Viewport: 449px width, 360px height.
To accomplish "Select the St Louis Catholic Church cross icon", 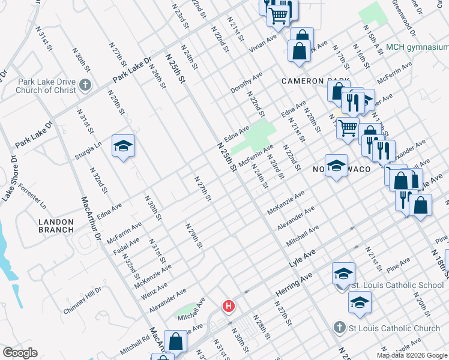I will (x=340, y=328).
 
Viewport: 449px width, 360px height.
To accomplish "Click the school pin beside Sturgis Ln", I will (x=123, y=146).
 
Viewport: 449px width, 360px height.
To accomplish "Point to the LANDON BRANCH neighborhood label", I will (x=56, y=226).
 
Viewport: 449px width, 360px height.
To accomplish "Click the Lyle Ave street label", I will (x=302, y=259).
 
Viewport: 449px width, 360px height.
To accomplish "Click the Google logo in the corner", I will (x=20, y=353).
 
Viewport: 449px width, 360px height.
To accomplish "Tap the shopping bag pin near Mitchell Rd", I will (x=175, y=341).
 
